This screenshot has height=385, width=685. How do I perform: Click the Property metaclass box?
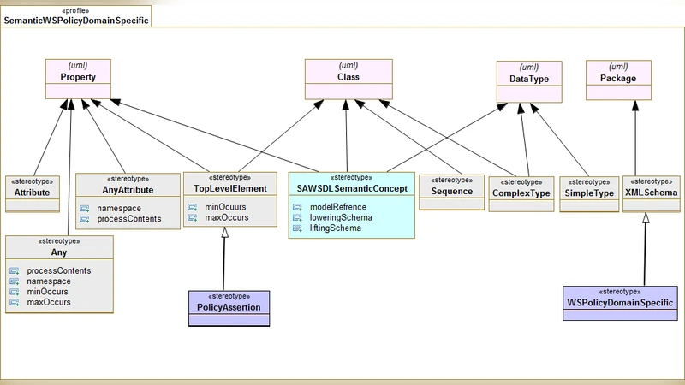point(78,76)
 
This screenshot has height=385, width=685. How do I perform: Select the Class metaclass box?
point(348,76)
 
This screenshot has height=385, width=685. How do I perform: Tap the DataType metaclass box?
point(530,78)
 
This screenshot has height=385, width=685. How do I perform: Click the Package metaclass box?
point(617,78)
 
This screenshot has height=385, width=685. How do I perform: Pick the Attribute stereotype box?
point(33,192)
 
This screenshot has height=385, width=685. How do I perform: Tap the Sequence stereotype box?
point(452,192)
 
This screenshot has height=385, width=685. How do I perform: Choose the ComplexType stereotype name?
point(521,194)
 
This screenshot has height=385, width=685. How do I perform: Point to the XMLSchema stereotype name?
point(651,193)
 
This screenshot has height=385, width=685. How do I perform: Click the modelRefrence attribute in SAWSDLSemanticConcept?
point(337,207)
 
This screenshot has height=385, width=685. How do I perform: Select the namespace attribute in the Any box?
point(49,281)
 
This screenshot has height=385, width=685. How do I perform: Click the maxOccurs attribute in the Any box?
point(49,302)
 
